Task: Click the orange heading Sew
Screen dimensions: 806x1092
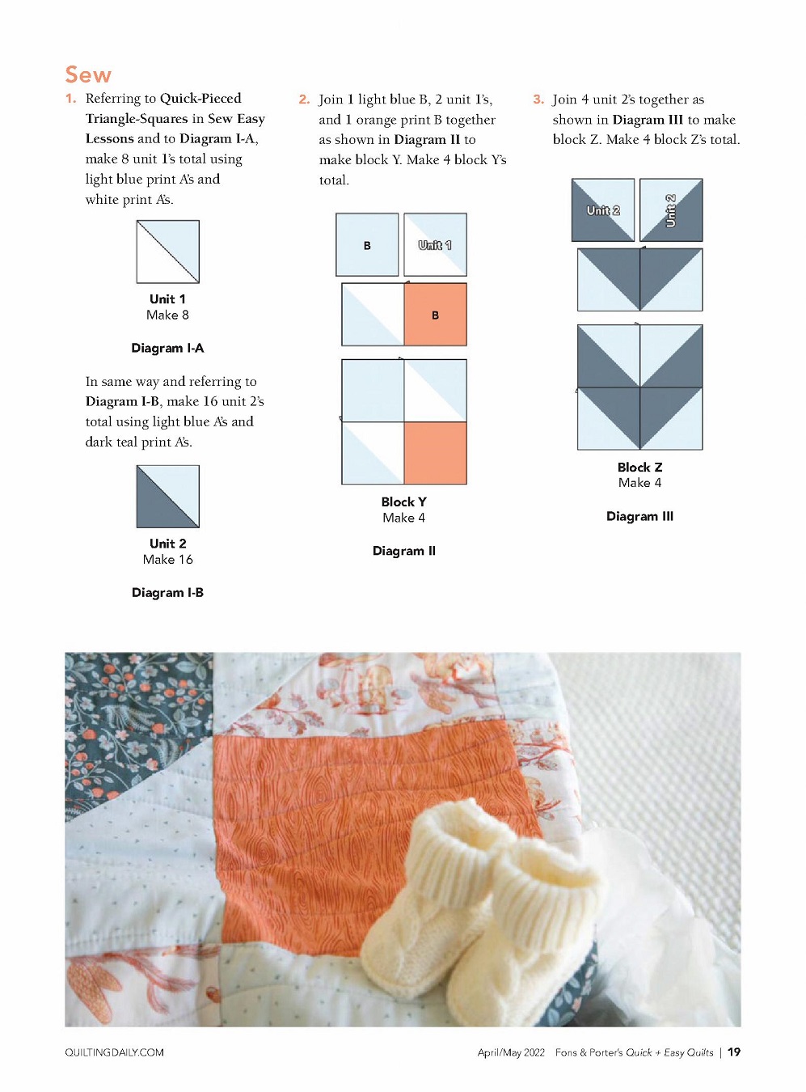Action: (x=88, y=74)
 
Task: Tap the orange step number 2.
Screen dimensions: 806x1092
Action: (x=304, y=99)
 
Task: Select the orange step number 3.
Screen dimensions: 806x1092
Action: (x=538, y=99)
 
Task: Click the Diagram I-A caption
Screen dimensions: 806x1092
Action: (x=167, y=348)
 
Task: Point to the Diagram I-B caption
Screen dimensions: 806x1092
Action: (x=167, y=592)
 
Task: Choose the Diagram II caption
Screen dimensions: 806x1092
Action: (x=404, y=550)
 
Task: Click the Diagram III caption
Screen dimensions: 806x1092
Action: (x=639, y=516)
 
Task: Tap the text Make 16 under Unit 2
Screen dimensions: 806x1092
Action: (x=168, y=559)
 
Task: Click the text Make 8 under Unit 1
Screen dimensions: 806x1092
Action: (x=168, y=315)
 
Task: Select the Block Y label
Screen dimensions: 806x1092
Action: (x=404, y=502)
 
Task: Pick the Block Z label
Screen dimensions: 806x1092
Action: (x=639, y=467)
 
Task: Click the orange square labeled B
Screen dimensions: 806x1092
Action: (x=436, y=315)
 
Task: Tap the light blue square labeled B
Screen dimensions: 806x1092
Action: (x=367, y=245)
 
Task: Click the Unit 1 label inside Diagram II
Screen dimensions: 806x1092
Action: (x=435, y=245)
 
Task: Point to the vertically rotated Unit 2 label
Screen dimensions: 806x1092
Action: (x=670, y=211)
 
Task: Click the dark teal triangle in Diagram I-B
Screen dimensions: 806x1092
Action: (x=158, y=507)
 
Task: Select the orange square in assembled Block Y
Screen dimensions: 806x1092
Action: (x=436, y=453)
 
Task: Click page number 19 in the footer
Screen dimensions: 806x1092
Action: (x=734, y=1052)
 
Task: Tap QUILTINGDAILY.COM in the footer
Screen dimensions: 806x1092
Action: (x=114, y=1052)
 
